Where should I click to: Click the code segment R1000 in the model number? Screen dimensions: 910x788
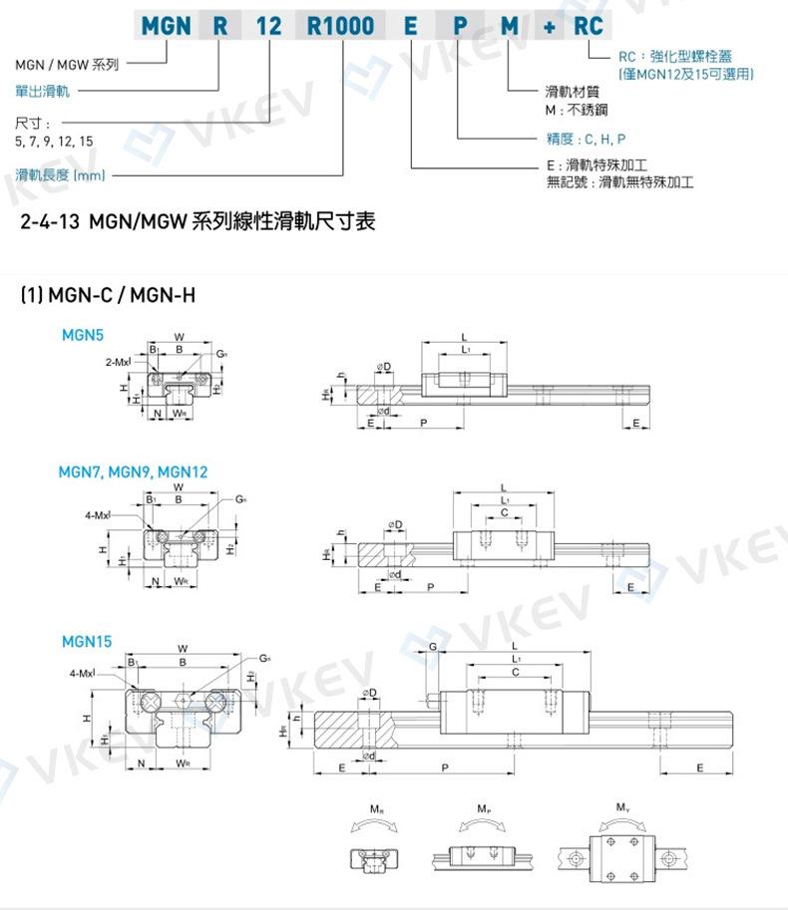342,26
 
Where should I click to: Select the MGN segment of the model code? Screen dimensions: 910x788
164,26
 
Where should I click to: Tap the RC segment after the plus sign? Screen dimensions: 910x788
589,26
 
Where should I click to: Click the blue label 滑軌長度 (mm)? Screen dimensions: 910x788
60,175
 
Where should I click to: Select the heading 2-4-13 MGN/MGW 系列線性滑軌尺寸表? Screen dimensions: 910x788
197,220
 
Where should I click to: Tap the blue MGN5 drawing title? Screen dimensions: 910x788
82,336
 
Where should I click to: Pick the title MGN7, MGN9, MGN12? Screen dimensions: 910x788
133,471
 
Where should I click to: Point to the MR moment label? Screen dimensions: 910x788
374,808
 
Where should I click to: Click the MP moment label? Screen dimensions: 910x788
483,808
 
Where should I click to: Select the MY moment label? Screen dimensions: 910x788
621,808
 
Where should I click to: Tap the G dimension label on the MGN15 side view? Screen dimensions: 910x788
433,647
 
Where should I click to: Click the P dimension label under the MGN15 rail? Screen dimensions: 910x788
444,767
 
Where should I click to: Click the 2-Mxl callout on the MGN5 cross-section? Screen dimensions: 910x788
118,364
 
